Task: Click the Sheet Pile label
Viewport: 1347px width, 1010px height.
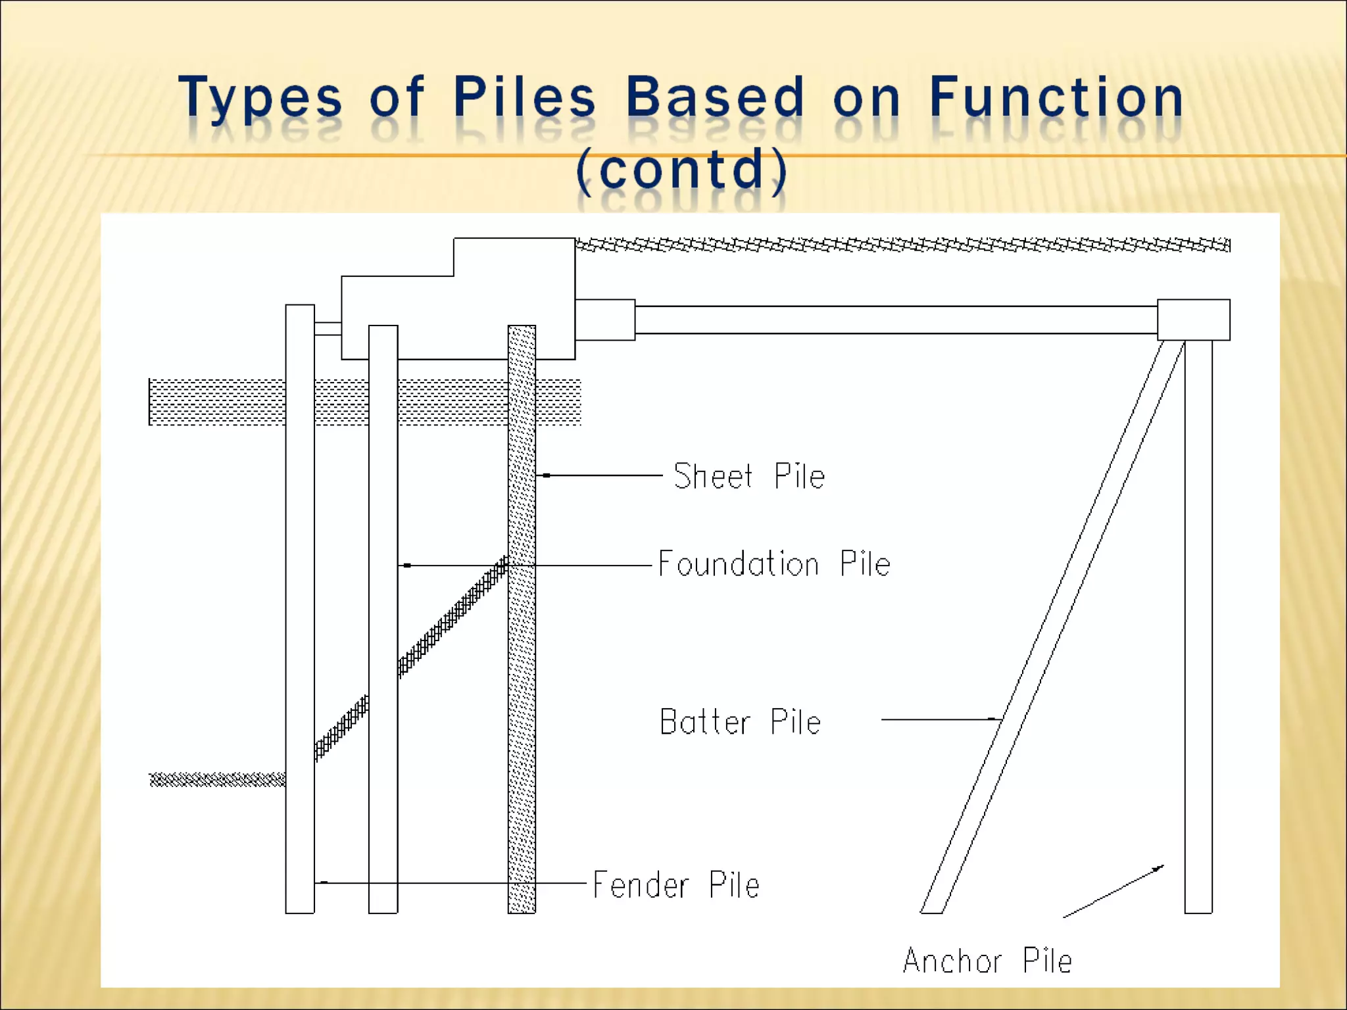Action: [x=748, y=476]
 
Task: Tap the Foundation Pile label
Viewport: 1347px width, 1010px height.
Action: [x=774, y=564]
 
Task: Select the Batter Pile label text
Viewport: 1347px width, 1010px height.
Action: [x=740, y=722]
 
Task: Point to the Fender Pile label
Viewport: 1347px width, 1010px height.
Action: [x=676, y=884]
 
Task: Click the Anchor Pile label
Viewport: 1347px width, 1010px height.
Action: [x=987, y=961]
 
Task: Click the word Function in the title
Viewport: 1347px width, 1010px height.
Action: [x=1056, y=97]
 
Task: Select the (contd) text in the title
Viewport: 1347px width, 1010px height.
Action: [x=681, y=168]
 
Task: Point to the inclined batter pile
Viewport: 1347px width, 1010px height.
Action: [x=1052, y=625]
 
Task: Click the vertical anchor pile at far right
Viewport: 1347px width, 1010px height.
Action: [x=1198, y=625]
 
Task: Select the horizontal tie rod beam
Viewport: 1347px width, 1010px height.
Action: [x=894, y=320]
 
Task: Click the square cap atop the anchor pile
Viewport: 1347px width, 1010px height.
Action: [x=1193, y=320]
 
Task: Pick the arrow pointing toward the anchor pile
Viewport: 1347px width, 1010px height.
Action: [x=1113, y=892]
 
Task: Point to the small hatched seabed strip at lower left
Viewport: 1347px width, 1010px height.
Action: [x=217, y=780]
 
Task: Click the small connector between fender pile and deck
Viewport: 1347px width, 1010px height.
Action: [x=328, y=329]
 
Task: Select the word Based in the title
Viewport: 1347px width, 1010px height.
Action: [x=714, y=97]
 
